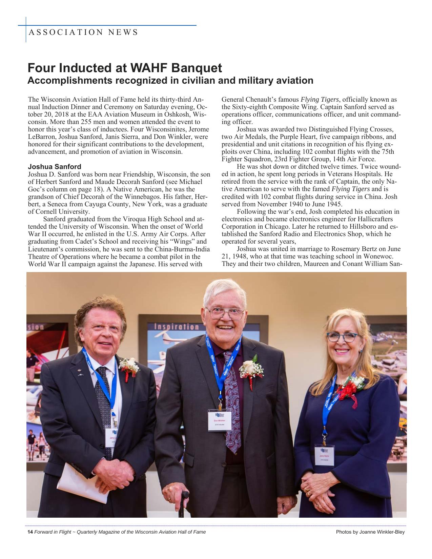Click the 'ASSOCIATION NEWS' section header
(x=83, y=33)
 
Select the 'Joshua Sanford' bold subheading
(x=55, y=167)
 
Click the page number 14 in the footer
(x=30, y=532)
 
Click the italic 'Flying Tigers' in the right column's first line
(x=320, y=100)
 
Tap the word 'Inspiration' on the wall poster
(x=177, y=327)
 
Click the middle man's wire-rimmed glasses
(x=226, y=313)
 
